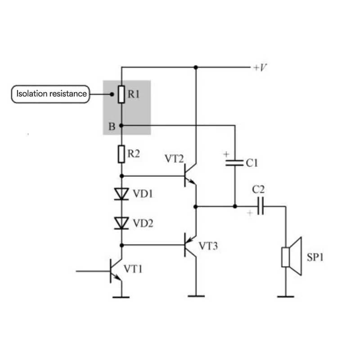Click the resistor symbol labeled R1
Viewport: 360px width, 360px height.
click(x=121, y=94)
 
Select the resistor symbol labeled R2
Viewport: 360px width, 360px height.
click(x=121, y=154)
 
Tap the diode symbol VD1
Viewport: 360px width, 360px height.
click(x=121, y=194)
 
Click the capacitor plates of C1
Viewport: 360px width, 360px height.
click(x=234, y=162)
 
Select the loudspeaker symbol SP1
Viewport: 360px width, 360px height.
click(x=290, y=257)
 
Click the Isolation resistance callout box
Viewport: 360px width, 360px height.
click(x=50, y=94)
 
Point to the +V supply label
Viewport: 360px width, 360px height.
click(x=260, y=68)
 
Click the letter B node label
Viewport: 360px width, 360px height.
click(x=112, y=127)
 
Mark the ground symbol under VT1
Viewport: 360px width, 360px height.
click(x=121, y=297)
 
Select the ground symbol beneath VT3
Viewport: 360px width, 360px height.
click(x=196, y=296)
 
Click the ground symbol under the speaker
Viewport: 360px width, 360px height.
click(x=285, y=297)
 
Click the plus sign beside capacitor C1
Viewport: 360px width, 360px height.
click(x=226, y=154)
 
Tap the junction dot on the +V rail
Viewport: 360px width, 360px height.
click(x=196, y=67)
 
